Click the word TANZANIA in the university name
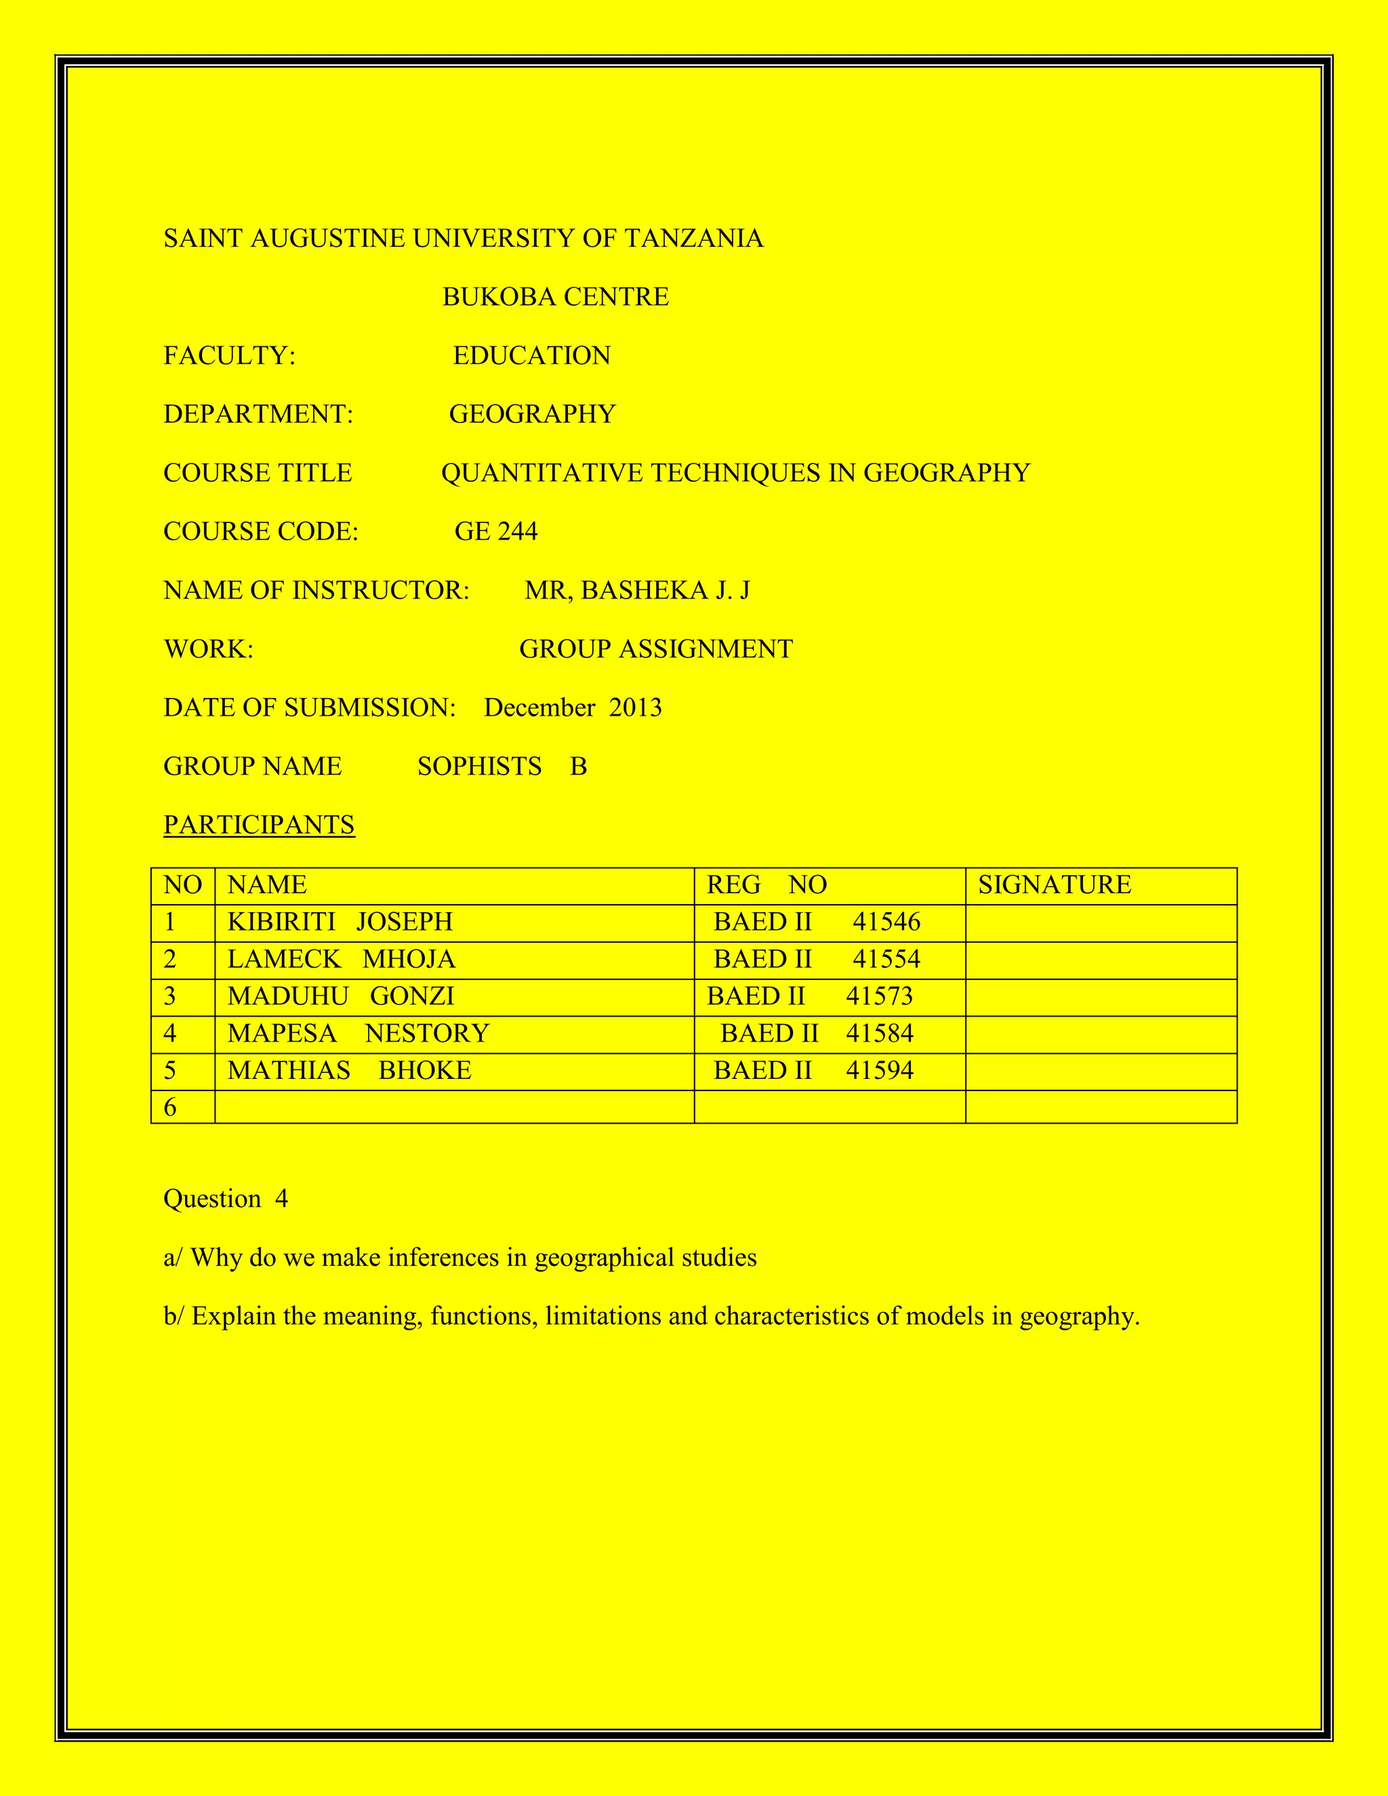[694, 239]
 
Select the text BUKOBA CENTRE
[556, 297]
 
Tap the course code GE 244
[496, 531]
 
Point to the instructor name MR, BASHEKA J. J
[637, 590]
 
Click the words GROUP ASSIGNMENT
[656, 649]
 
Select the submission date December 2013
[572, 708]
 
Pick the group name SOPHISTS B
[502, 767]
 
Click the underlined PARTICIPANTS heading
[259, 825]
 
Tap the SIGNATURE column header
[1054, 885]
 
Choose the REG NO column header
[767, 885]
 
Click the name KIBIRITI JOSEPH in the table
[340, 922]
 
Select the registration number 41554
[886, 959]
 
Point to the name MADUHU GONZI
[340, 996]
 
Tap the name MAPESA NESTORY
[358, 1033]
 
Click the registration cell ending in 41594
[813, 1071]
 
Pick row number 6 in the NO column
[170, 1107]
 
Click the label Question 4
[225, 1199]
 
